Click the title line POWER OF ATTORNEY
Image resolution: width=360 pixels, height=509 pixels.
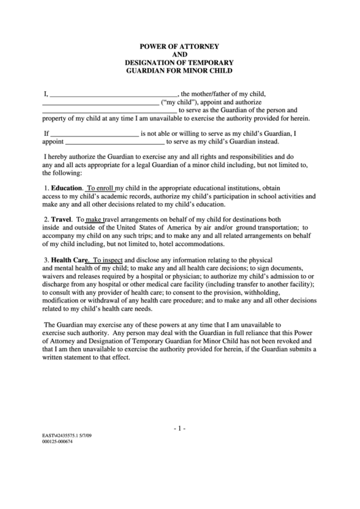coord(179,46)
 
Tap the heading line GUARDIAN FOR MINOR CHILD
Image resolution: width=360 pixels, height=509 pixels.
coord(179,70)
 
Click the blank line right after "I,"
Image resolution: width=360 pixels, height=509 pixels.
coord(113,94)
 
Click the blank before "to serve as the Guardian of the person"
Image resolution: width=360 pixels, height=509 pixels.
coord(110,111)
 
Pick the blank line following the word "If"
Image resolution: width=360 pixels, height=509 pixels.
coord(95,135)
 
